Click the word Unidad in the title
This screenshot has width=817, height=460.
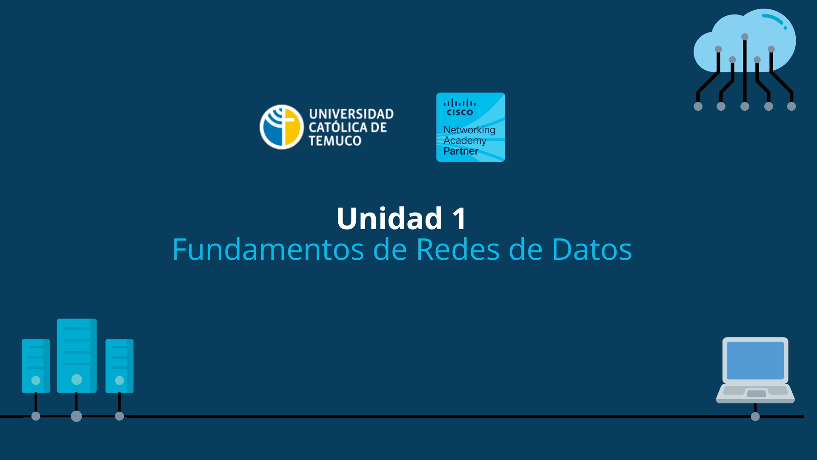pos(389,218)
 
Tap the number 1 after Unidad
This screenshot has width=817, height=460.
pos(460,219)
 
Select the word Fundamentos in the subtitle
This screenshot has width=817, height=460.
pos(268,250)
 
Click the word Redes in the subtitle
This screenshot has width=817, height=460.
pos(458,250)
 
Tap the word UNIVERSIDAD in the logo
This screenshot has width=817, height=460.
pos(351,114)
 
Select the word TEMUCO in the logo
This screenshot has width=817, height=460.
pos(335,141)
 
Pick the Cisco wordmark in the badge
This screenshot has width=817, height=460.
pos(460,112)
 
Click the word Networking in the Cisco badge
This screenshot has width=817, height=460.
pos(469,129)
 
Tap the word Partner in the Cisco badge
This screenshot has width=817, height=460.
pos(461,151)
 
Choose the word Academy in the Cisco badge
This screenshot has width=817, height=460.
pos(465,141)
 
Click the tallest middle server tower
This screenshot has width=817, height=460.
pos(77,349)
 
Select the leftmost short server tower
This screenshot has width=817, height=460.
pos(36,362)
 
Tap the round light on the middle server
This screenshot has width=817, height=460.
pos(77,379)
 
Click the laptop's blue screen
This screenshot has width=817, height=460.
pos(755,360)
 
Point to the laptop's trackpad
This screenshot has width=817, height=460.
pos(756,394)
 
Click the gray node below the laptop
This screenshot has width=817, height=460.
pos(755,417)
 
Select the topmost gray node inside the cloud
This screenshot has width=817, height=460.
pos(745,37)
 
